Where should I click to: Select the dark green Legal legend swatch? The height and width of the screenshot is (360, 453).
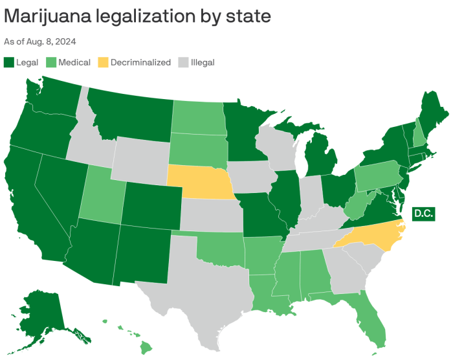(x=9, y=63)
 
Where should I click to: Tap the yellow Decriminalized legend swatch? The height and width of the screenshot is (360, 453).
(x=103, y=63)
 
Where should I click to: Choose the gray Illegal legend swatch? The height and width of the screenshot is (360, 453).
(x=183, y=63)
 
